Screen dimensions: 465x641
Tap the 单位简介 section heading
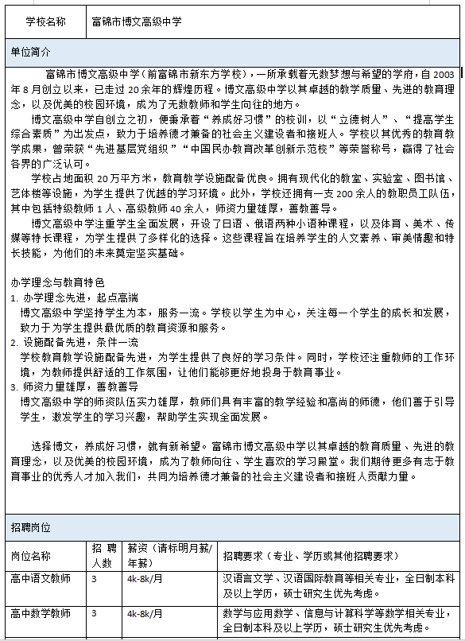point(31,52)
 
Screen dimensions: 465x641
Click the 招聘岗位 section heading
point(31,526)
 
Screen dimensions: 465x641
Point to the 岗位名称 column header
point(31,555)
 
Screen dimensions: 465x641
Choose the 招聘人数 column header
point(102,555)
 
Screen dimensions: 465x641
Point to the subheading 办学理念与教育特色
point(58,282)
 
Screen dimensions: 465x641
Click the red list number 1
point(14,297)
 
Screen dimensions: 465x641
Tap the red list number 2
point(14,342)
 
